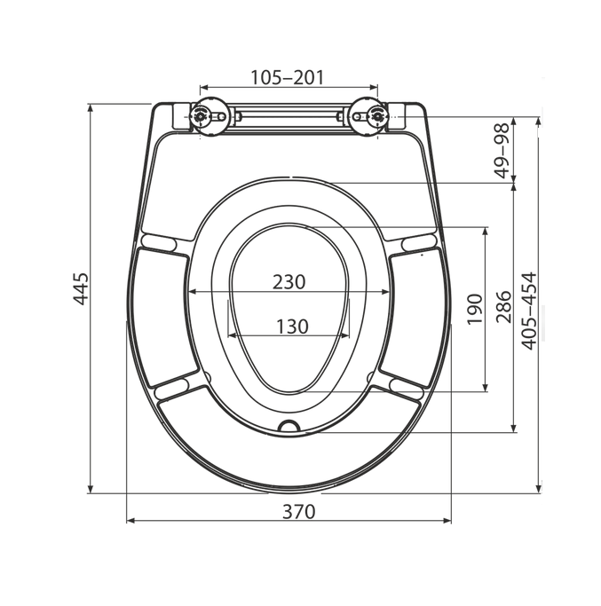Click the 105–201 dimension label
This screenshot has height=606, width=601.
point(287,77)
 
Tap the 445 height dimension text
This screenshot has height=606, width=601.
point(81,288)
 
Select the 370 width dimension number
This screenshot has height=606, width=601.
point(299,511)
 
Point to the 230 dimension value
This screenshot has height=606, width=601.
point(289,282)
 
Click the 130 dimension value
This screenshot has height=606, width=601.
point(292,327)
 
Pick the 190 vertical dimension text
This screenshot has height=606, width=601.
point(475,309)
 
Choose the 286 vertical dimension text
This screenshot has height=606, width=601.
point(504,307)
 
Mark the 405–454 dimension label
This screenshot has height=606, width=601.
point(529,311)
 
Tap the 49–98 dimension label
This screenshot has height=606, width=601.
point(503,151)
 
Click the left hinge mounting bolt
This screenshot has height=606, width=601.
point(200,115)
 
